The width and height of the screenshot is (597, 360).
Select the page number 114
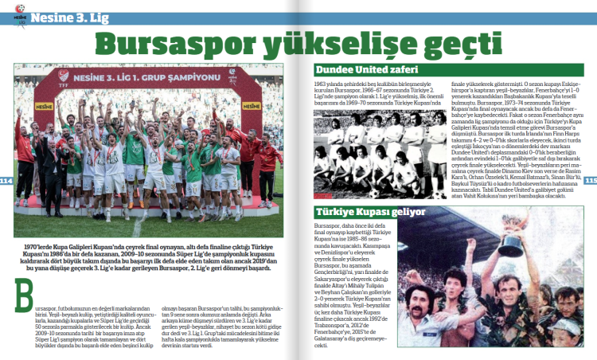7,181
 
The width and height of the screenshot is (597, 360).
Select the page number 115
590,179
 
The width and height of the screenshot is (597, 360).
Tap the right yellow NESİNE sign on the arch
254,104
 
